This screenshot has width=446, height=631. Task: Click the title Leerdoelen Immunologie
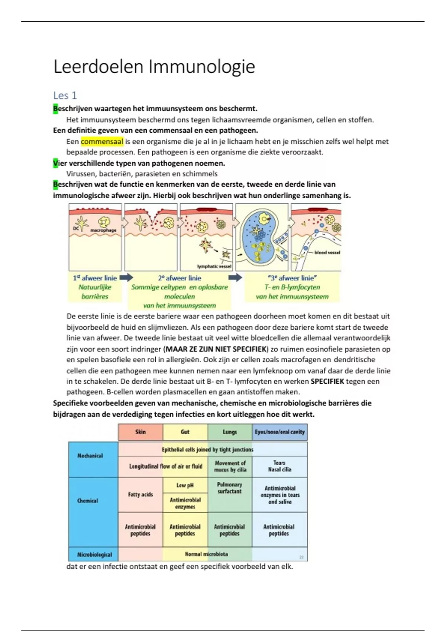tap(154, 67)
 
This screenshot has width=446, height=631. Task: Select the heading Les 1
tap(65, 96)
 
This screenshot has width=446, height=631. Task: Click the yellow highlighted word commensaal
tap(102, 141)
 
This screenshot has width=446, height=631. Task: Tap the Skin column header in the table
tap(140, 432)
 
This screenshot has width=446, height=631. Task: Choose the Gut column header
tap(185, 432)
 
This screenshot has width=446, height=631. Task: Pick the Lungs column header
tap(230, 432)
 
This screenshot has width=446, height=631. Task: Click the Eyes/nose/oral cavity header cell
tap(279, 432)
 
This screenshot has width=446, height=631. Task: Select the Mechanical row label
tap(90, 456)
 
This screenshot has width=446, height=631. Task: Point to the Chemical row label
tap(88, 501)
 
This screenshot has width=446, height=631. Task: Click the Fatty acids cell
tap(140, 494)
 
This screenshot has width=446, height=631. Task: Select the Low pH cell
tap(185, 485)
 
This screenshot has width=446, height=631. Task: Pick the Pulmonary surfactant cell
tap(230, 488)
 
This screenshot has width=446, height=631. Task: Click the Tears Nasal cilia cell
tap(279, 466)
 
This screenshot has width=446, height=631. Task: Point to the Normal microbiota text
tap(206, 554)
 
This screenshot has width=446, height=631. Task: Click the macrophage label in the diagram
tap(103, 230)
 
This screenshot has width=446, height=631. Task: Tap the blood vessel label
tap(327, 252)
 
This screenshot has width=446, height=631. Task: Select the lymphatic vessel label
tap(214, 266)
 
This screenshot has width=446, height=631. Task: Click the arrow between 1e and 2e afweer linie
tap(126, 278)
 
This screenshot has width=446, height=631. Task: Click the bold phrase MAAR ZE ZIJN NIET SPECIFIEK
tap(216, 349)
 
